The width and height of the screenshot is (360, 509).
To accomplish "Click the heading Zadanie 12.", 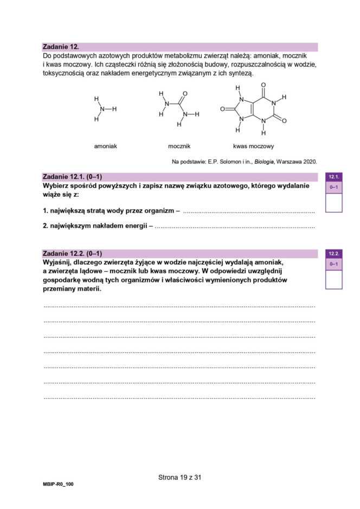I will pos(60,47).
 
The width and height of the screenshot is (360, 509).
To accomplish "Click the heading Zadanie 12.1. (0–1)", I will pos(72,177).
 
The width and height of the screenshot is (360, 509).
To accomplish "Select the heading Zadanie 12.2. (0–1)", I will pos(72,253).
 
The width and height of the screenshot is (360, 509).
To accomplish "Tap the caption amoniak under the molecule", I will pos(105,146).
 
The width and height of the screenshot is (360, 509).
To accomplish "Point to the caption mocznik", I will pos(179,146).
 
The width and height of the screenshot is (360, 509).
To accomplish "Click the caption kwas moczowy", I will pos(253,146).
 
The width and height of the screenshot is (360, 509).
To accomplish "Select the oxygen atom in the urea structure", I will pos(185,94).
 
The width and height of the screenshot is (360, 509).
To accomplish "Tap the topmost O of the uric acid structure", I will pos(263,85).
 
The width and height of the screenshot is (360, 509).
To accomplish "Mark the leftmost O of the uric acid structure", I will pos(222,109).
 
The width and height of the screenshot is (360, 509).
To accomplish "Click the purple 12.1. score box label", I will pos(333,177).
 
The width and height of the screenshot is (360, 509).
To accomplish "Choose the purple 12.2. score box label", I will pos(333,253).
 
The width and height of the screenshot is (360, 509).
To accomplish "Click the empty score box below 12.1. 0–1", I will pos(333,202).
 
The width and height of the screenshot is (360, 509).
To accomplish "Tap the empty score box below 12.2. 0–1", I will pos(333,279).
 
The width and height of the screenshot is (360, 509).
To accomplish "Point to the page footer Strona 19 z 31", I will pos(180,478).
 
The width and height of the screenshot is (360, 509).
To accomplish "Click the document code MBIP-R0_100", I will pos(58,484).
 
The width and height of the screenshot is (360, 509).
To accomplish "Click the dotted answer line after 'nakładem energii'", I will pos(234,228).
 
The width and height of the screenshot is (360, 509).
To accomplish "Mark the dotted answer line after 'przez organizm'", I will pos(248,211).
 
